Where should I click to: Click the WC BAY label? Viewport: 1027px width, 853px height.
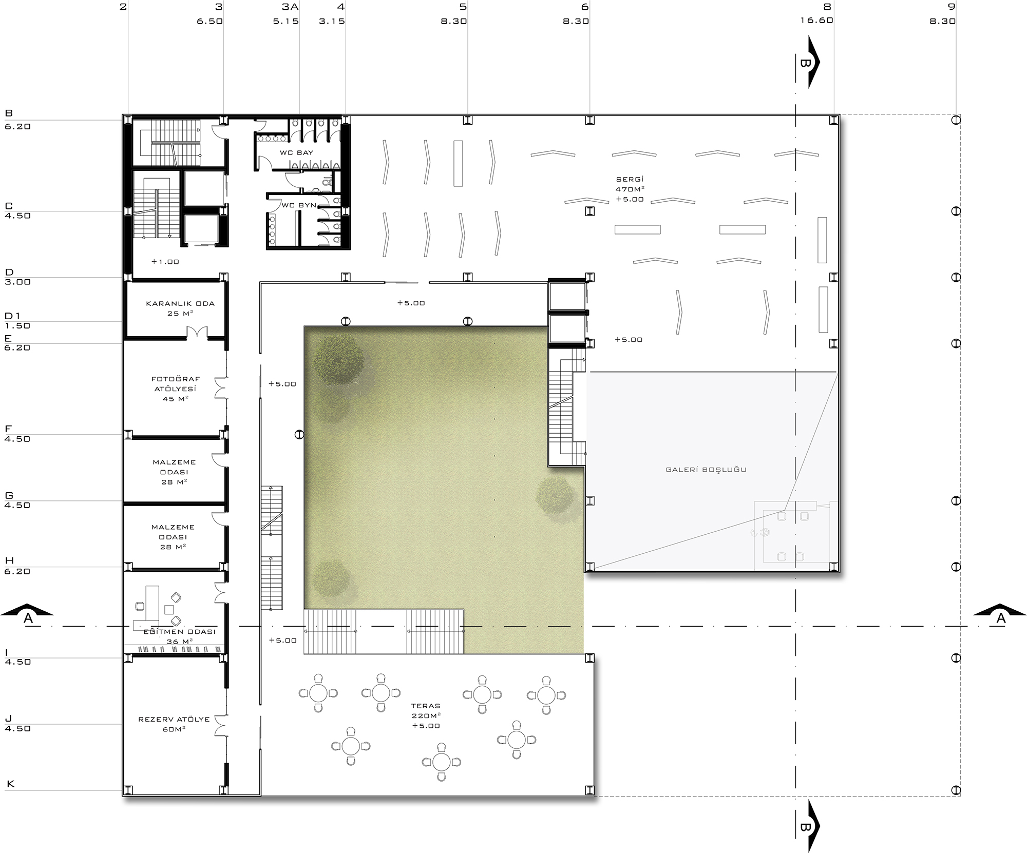tap(296, 152)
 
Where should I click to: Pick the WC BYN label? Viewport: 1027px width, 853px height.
tap(299, 205)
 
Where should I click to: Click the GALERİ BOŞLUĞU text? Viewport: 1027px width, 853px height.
tap(706, 469)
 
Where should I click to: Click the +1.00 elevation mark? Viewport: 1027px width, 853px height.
tap(165, 262)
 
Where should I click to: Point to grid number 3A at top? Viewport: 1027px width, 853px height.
tap(290, 7)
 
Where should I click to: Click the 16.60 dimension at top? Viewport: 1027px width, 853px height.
tap(816, 21)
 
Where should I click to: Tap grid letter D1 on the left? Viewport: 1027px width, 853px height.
tap(12, 316)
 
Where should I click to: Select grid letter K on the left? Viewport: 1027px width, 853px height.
tap(10, 784)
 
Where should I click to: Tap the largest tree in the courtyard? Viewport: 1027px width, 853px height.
tap(339, 359)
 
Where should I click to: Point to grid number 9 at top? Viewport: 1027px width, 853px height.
tap(952, 7)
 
